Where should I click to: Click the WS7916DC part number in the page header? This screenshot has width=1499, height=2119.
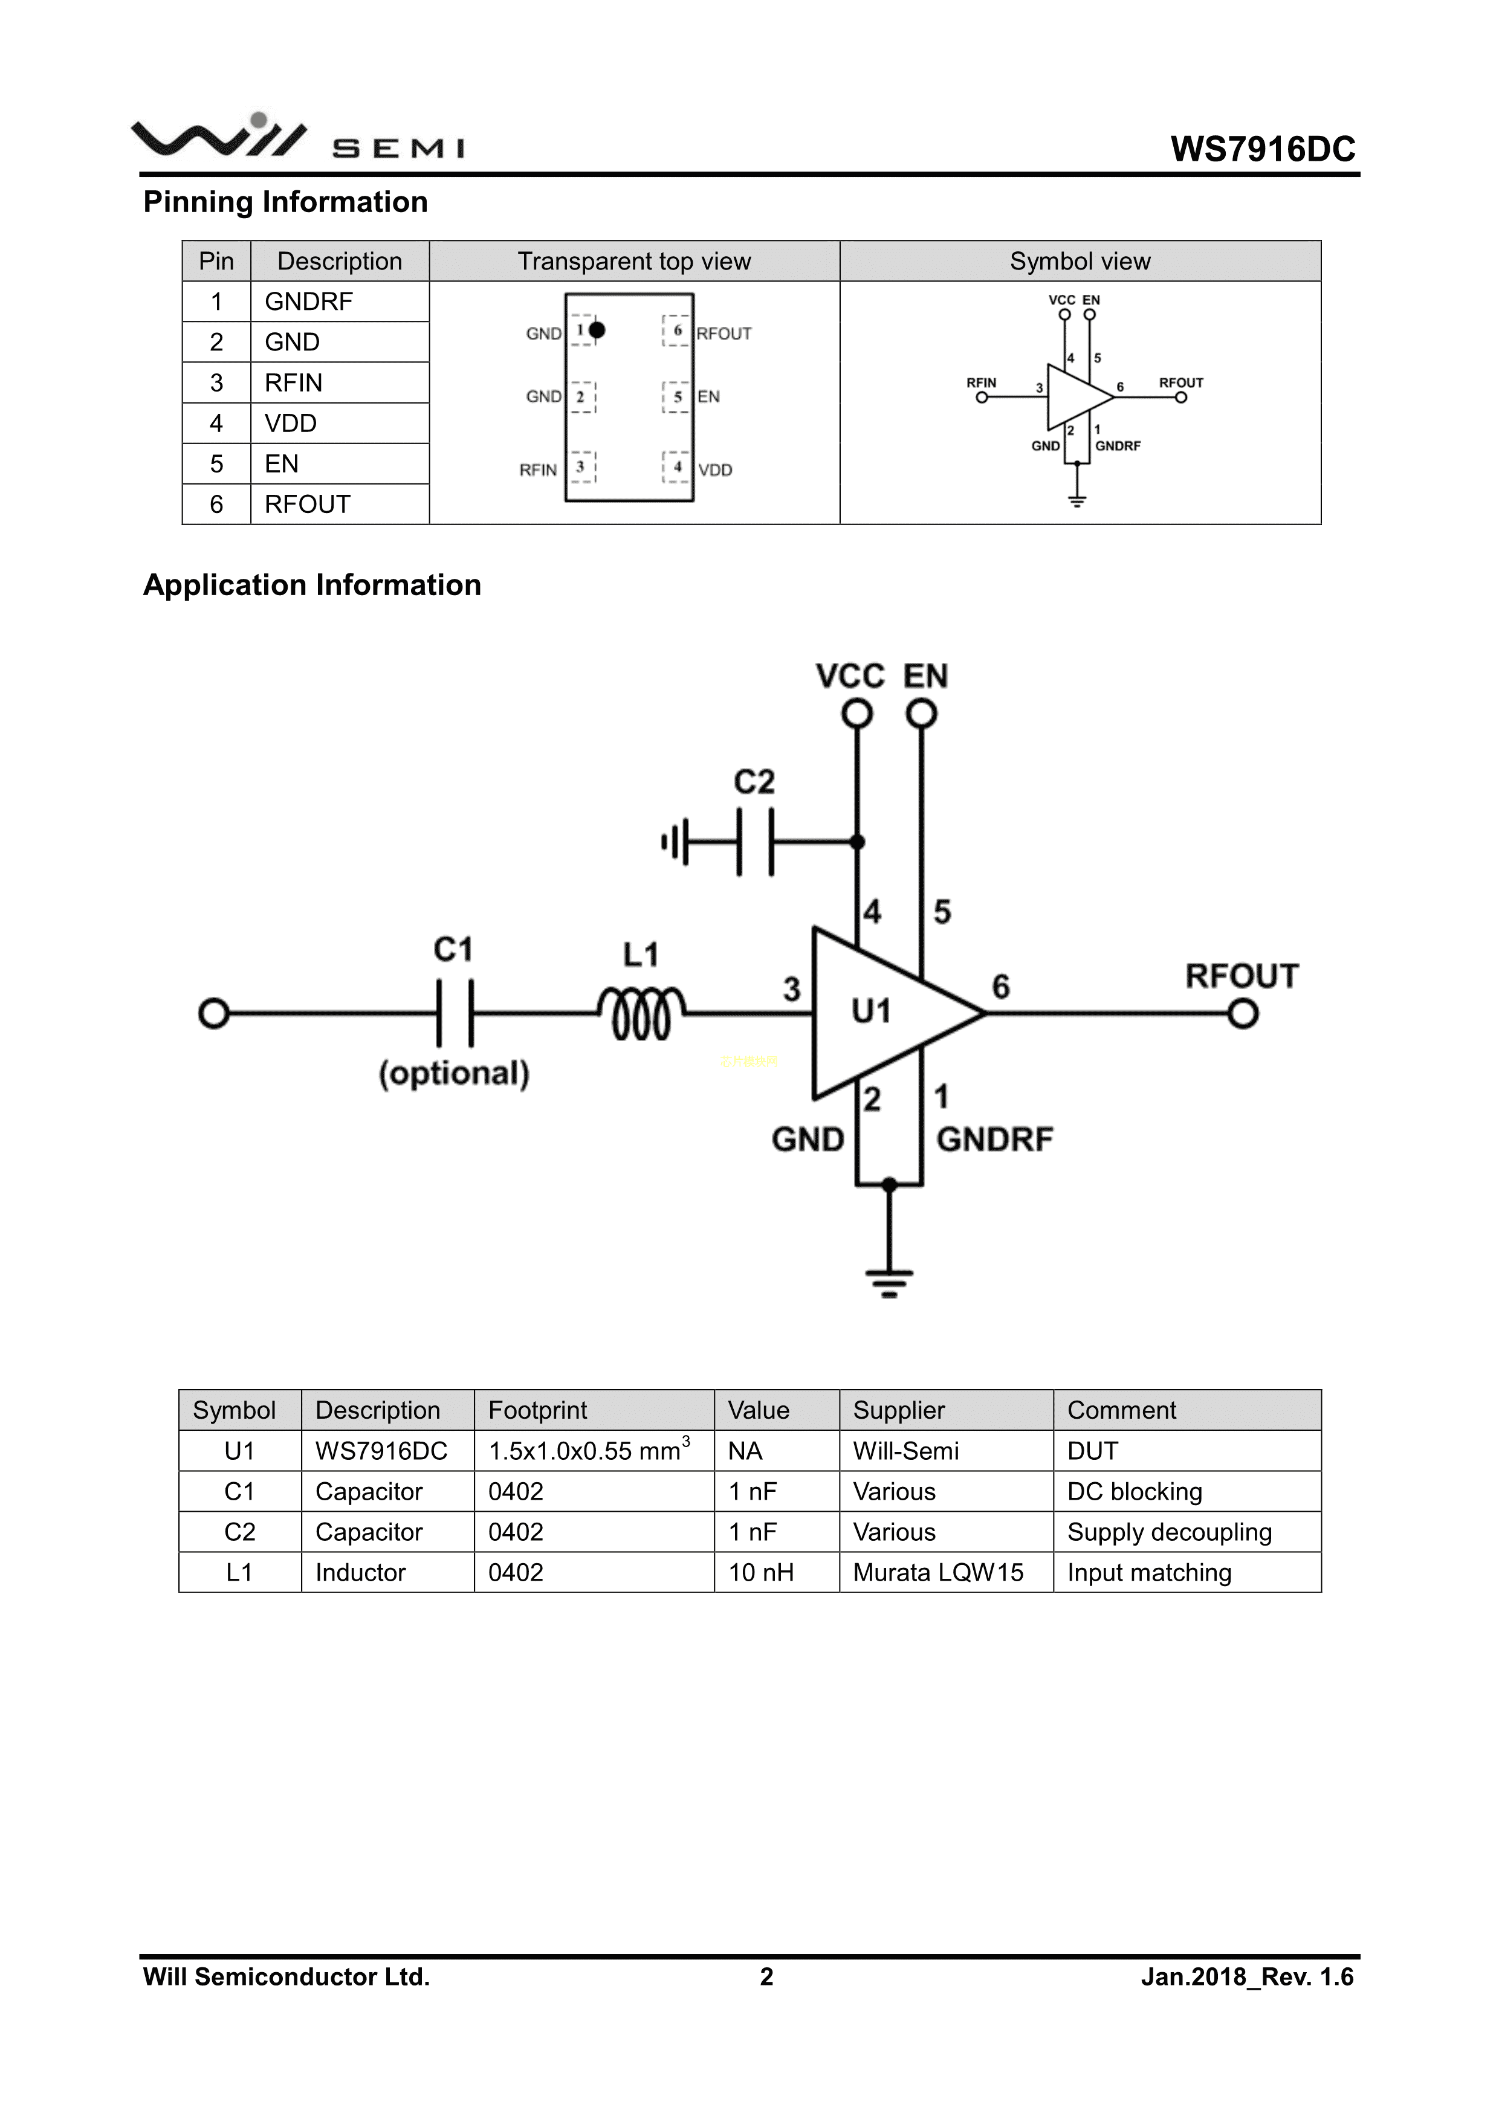[x=1263, y=149]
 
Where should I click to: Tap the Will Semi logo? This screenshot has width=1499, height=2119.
[x=298, y=137]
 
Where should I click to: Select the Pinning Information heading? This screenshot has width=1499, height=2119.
[x=285, y=202]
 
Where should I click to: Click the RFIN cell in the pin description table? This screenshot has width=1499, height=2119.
[x=294, y=383]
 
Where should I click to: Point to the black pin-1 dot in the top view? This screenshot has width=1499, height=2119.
[x=597, y=329]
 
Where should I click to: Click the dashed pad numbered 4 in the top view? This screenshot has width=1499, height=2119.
[x=676, y=467]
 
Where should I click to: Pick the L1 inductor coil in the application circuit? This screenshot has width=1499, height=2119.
[x=641, y=1013]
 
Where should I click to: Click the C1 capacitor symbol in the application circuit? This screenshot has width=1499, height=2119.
[x=454, y=1013]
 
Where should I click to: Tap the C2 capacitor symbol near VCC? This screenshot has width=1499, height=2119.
[x=755, y=842]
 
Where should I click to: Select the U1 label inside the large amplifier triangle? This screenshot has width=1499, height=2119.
[x=870, y=1011]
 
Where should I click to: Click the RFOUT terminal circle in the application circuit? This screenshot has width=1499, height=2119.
[x=1243, y=1014]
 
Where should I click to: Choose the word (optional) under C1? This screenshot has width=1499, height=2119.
[x=454, y=1073]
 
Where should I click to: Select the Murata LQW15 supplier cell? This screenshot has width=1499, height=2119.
[x=938, y=1573]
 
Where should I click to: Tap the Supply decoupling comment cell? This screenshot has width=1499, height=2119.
[x=1170, y=1532]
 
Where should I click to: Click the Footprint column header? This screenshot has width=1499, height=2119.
[x=537, y=1410]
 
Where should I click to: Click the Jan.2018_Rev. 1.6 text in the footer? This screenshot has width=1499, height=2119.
[x=1247, y=1977]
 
